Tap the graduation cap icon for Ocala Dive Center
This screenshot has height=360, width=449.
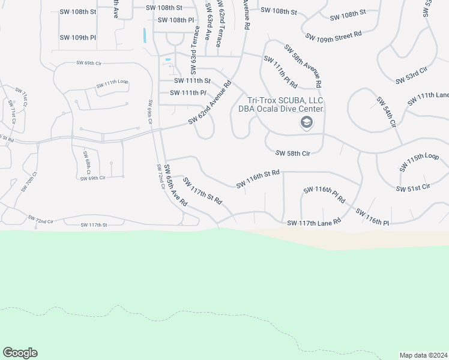click(x=307, y=122)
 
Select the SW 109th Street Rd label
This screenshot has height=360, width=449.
click(x=333, y=37)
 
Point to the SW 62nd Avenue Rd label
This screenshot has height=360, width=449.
click(x=209, y=103)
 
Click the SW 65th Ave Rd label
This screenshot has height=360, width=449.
click(x=176, y=186)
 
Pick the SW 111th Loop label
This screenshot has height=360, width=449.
click(x=112, y=84)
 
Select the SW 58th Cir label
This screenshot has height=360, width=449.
click(x=292, y=154)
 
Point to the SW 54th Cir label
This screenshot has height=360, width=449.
click(x=387, y=112)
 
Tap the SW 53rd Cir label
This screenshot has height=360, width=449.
click(x=411, y=76)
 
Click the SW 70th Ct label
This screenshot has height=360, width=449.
click(x=28, y=181)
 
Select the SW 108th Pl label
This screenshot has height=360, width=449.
click(x=176, y=20)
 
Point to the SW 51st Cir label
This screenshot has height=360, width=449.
click(x=414, y=188)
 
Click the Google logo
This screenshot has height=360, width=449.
click(x=20, y=353)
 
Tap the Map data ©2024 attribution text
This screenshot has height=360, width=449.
click(x=423, y=355)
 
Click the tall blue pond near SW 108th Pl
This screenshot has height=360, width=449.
click(x=145, y=35)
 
